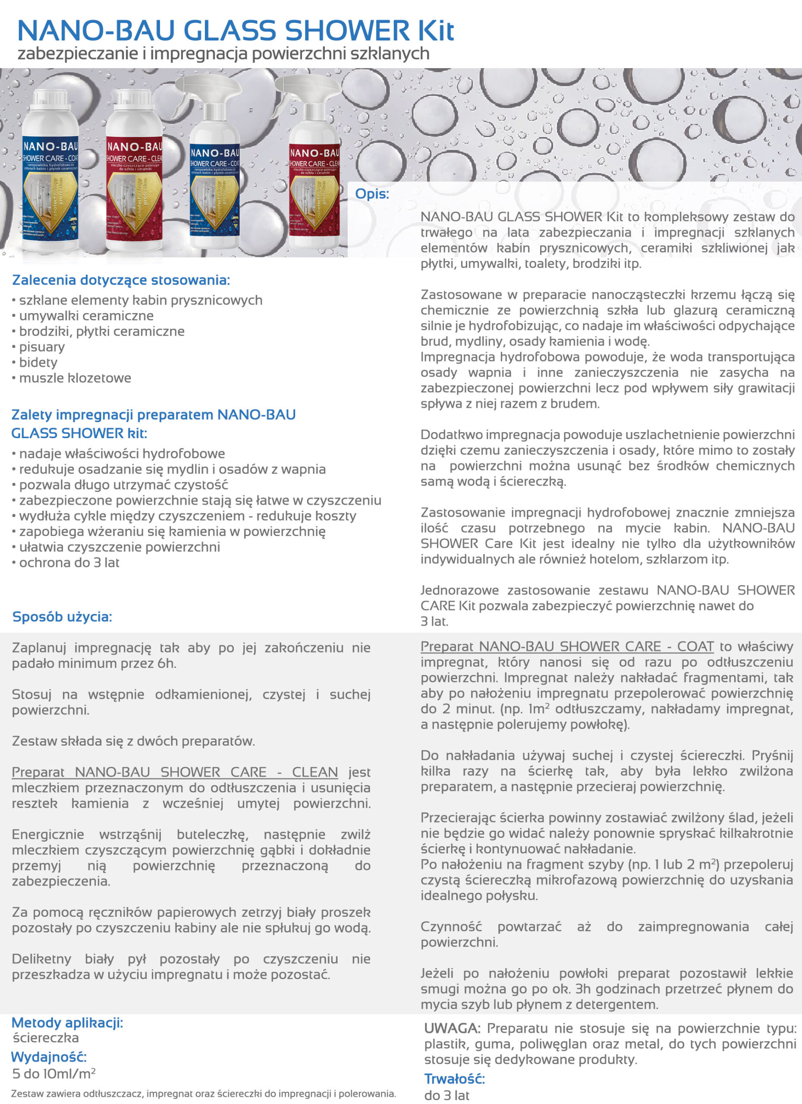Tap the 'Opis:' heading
[372, 194]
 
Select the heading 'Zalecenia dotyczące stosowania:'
[121, 280]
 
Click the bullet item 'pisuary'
[41, 347]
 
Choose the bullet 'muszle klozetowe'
[75, 378]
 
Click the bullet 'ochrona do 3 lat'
[69, 563]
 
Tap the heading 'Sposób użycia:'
[62, 617]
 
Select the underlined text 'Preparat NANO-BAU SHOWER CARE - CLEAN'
[175, 772]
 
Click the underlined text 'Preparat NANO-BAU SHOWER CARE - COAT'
[567, 646]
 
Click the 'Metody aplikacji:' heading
[67, 1022]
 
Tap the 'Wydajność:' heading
[49, 1057]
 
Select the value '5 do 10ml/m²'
[53, 1073]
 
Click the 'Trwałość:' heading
[454, 1079]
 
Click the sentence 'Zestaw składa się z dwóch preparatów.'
[133, 741]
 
